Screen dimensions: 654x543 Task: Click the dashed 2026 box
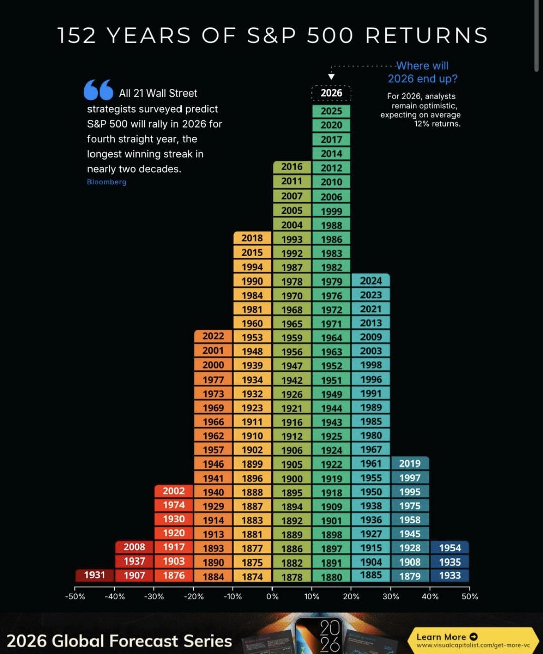331,93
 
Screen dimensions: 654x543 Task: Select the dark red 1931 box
95,575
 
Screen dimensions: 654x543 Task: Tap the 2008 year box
134,547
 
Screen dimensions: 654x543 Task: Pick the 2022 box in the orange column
213,336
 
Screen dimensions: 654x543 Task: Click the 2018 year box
252,238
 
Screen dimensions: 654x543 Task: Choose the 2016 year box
292,167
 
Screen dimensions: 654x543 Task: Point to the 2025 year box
331,111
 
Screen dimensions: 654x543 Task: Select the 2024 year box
371,281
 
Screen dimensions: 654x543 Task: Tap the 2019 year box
410,463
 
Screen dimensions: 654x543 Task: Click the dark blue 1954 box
449,548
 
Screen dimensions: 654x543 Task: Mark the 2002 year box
173,491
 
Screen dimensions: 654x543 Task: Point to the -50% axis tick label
75,597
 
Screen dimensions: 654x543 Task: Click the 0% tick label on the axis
273,597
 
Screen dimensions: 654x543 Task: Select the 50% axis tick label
470,597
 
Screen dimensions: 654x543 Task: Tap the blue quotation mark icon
99,90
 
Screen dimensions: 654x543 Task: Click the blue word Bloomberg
107,182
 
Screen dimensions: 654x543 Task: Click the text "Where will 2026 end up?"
422,72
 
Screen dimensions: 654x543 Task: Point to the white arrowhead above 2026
331,77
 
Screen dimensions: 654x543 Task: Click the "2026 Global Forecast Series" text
119,641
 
